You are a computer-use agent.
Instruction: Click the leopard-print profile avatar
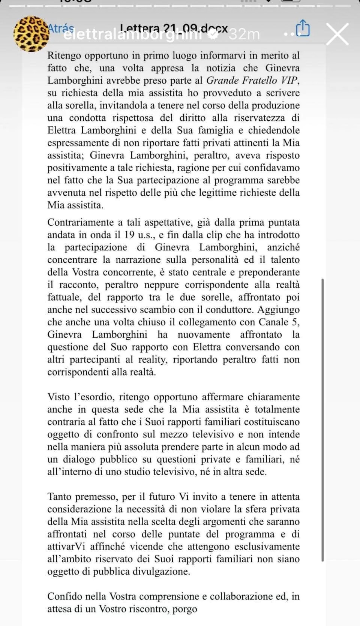[31, 34]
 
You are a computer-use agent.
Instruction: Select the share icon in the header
[303, 28]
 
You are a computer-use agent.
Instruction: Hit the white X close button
[337, 34]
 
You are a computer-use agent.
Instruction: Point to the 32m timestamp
[244, 34]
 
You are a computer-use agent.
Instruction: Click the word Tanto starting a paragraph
[60, 497]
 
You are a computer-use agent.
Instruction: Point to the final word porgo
[184, 609]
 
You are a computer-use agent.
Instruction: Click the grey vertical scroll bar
[322, 420]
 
